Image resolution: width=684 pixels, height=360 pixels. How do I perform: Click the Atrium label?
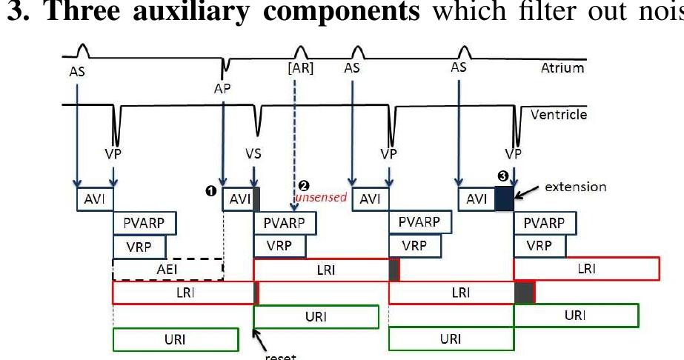562,68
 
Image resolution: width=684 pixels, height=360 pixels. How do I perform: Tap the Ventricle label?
559,115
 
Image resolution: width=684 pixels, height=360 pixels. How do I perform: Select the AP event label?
222,88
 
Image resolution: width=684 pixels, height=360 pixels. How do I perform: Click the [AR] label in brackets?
300,69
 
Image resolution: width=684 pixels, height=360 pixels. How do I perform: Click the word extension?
575,186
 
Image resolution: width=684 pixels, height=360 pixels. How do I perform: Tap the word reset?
280,356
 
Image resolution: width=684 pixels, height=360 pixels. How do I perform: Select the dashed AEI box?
167,270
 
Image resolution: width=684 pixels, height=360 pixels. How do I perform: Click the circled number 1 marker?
210,191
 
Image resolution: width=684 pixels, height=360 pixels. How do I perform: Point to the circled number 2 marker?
302,185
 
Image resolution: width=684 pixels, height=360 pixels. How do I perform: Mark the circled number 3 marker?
503,176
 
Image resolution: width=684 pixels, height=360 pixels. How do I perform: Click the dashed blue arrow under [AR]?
296,141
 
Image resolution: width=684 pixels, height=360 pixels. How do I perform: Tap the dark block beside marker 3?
504,199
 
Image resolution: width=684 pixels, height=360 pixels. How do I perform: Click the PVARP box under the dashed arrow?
285,222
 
